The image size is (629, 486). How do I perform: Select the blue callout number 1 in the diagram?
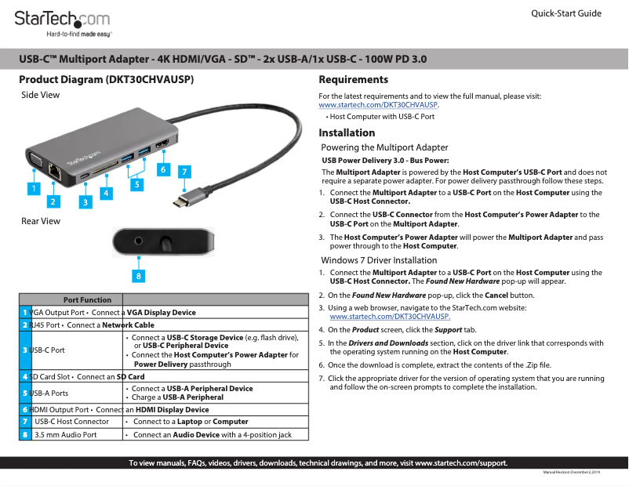coord(33,188)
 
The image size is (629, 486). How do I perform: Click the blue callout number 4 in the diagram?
coord(104,192)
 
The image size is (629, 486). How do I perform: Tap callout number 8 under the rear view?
coord(138,276)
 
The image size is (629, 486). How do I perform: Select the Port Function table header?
coord(87,299)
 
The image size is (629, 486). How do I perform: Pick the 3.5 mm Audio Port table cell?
coord(66,434)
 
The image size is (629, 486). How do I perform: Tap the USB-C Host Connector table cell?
coord(71,422)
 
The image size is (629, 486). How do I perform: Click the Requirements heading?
coord(353,80)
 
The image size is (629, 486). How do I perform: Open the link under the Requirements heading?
coord(378,104)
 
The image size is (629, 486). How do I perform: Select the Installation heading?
coord(347,132)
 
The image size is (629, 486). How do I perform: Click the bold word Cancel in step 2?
coord(498,296)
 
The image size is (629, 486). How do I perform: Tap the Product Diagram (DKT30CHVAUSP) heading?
coord(107,80)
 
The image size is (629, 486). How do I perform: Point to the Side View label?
coord(40,95)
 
